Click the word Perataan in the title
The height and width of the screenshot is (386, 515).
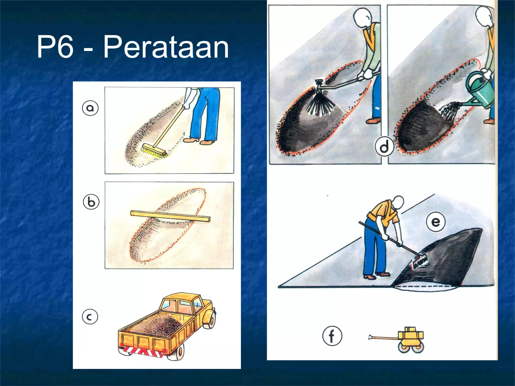[x=166, y=47]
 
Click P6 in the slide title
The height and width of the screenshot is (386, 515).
[x=55, y=47]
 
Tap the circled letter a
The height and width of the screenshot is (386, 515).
[x=90, y=108]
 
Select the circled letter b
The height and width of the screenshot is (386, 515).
[x=91, y=202]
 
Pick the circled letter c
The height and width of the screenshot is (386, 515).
[x=90, y=317]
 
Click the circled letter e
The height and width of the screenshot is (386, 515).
[x=436, y=222]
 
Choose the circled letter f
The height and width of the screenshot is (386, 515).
[x=332, y=336]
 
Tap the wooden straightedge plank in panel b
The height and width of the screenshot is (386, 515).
[x=170, y=216]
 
